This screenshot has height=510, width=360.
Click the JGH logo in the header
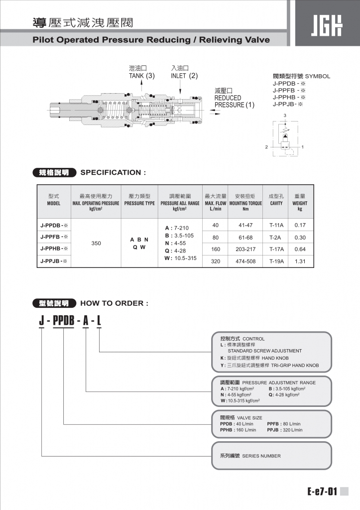[x=327, y=24]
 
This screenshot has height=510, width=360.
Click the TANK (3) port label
[x=142, y=76]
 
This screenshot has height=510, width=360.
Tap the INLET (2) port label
[x=184, y=76]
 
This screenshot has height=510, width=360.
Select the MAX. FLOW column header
[x=216, y=203]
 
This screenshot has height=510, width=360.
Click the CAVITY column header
[x=276, y=203]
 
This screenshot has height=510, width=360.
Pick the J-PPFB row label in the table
[x=54, y=237]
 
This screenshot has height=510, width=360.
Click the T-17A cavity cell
[x=276, y=249]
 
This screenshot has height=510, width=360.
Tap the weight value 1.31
[x=300, y=261]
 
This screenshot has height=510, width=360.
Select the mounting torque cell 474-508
[x=245, y=261]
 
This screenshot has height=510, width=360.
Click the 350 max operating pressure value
[x=97, y=243]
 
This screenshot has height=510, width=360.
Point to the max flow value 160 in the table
[x=216, y=249]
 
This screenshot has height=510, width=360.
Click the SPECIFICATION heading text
[x=113, y=173]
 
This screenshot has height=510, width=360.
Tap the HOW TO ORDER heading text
[x=114, y=303]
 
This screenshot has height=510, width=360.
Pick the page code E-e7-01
[x=322, y=492]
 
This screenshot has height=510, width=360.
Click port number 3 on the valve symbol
[x=285, y=116]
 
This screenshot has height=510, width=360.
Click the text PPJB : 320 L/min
[x=285, y=430]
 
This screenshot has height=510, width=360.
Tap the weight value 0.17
[x=300, y=225]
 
